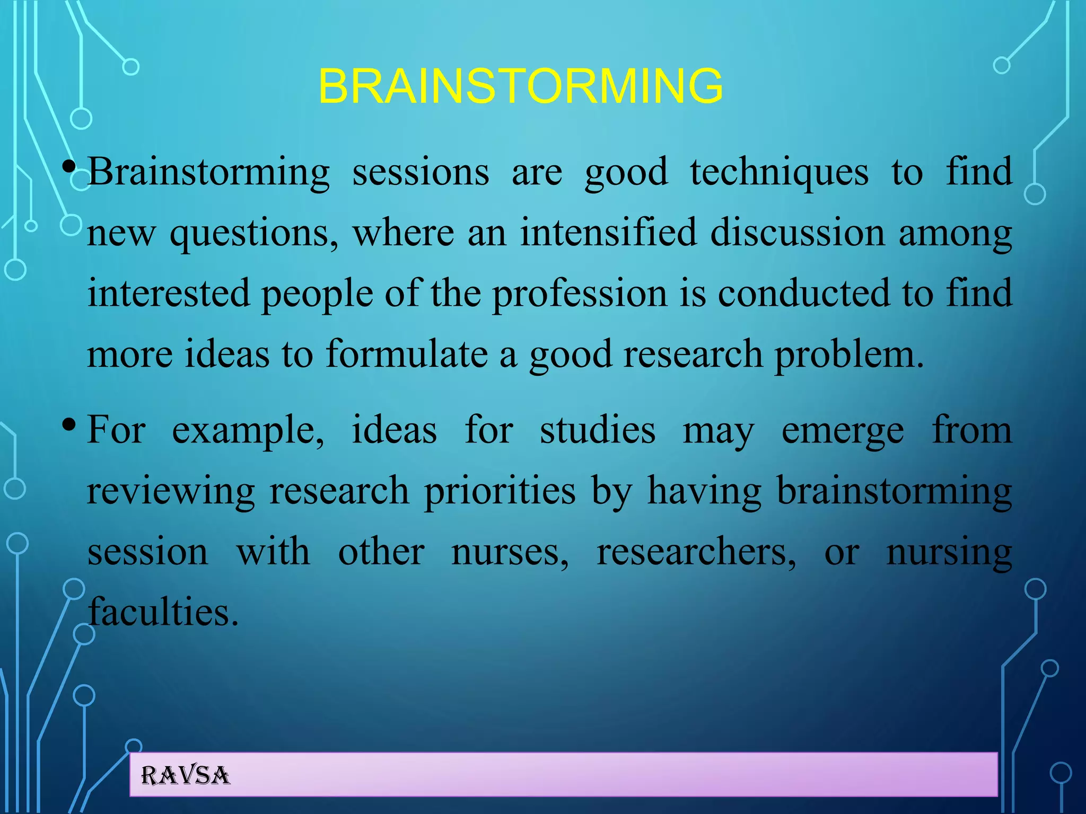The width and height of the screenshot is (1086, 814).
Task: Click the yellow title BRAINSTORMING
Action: (520, 86)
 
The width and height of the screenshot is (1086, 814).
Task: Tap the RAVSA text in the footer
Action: (185, 776)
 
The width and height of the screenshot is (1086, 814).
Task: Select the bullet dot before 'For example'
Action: (68, 425)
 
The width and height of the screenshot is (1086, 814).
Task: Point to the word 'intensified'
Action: (608, 233)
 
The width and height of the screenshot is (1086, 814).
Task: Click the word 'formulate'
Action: (406, 354)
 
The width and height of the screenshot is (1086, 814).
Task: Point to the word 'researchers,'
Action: (696, 552)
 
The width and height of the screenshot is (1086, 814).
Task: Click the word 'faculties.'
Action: (163, 612)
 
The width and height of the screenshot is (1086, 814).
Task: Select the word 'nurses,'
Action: (510, 552)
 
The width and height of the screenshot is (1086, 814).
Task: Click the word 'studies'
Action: (598, 430)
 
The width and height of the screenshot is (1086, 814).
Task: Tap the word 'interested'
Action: (169, 294)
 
